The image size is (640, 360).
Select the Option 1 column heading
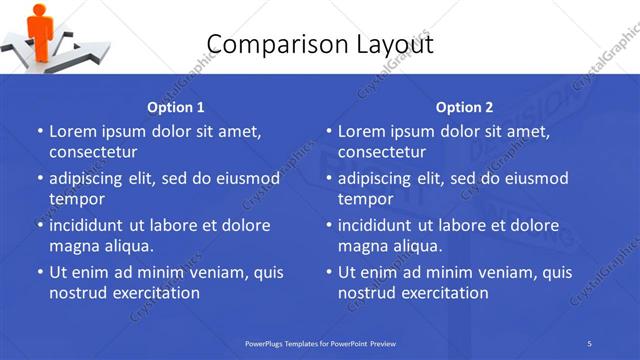point(176,107)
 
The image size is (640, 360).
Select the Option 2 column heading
point(464,107)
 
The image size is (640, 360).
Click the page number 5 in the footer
point(590,343)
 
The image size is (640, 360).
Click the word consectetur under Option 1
point(93,152)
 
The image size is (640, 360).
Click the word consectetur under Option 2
point(382,152)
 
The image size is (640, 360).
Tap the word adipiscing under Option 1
point(89,179)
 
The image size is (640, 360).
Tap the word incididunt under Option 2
point(380,225)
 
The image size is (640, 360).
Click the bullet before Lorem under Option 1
point(40,131)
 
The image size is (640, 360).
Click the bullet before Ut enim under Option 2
point(329,272)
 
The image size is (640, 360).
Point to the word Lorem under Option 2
point(361,131)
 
